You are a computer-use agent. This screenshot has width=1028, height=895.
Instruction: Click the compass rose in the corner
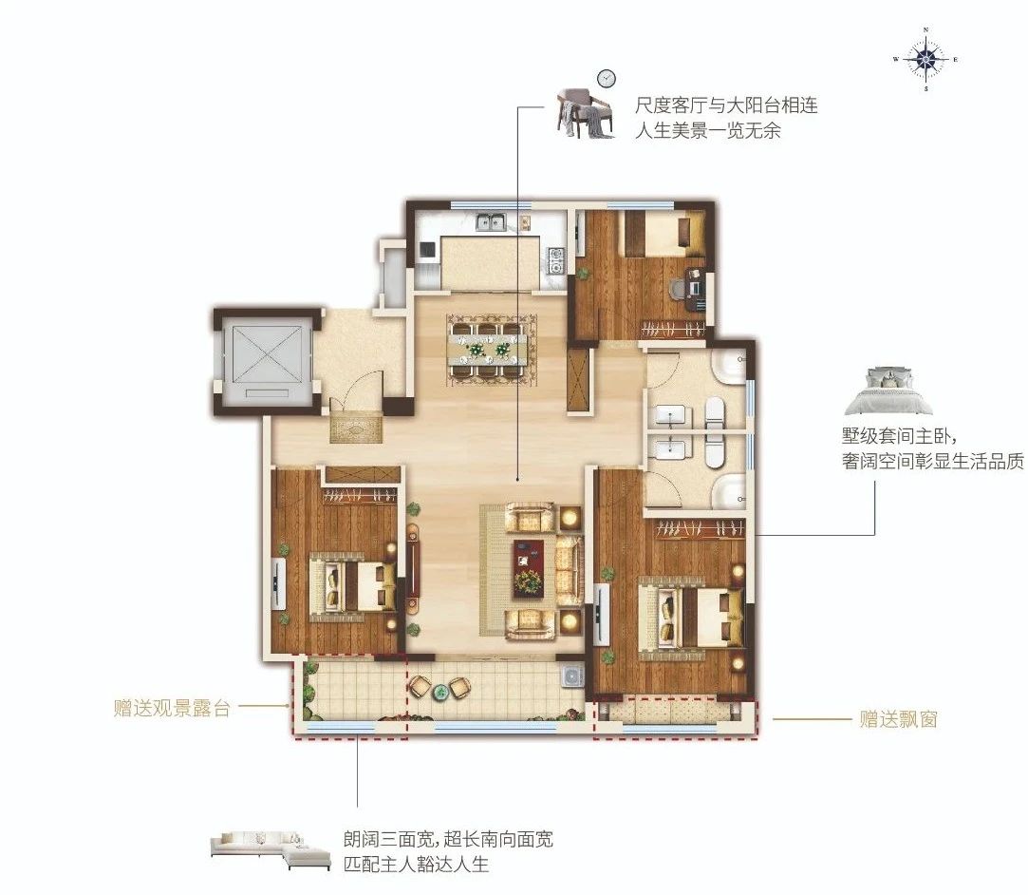(x=925, y=59)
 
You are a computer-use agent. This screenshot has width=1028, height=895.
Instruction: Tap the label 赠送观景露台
(x=171, y=709)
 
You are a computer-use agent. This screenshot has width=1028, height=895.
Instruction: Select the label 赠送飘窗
(x=898, y=719)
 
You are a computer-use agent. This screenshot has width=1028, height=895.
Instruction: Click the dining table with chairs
(x=493, y=349)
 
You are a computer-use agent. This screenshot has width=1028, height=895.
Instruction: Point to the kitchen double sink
(x=491, y=223)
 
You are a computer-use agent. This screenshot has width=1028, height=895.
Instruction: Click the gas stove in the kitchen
(x=556, y=259)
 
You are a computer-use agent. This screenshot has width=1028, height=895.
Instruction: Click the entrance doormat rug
(x=355, y=428)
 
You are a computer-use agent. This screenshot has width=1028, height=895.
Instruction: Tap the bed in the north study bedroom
(x=664, y=233)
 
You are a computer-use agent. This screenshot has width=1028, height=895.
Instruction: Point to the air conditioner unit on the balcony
(x=573, y=676)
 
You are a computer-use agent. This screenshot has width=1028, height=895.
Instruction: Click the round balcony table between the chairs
(x=440, y=690)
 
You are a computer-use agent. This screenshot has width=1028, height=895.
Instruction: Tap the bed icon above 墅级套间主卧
(x=888, y=391)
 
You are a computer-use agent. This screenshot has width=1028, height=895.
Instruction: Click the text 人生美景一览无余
(x=708, y=130)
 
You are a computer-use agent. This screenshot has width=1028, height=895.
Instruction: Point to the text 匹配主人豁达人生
(x=417, y=864)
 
